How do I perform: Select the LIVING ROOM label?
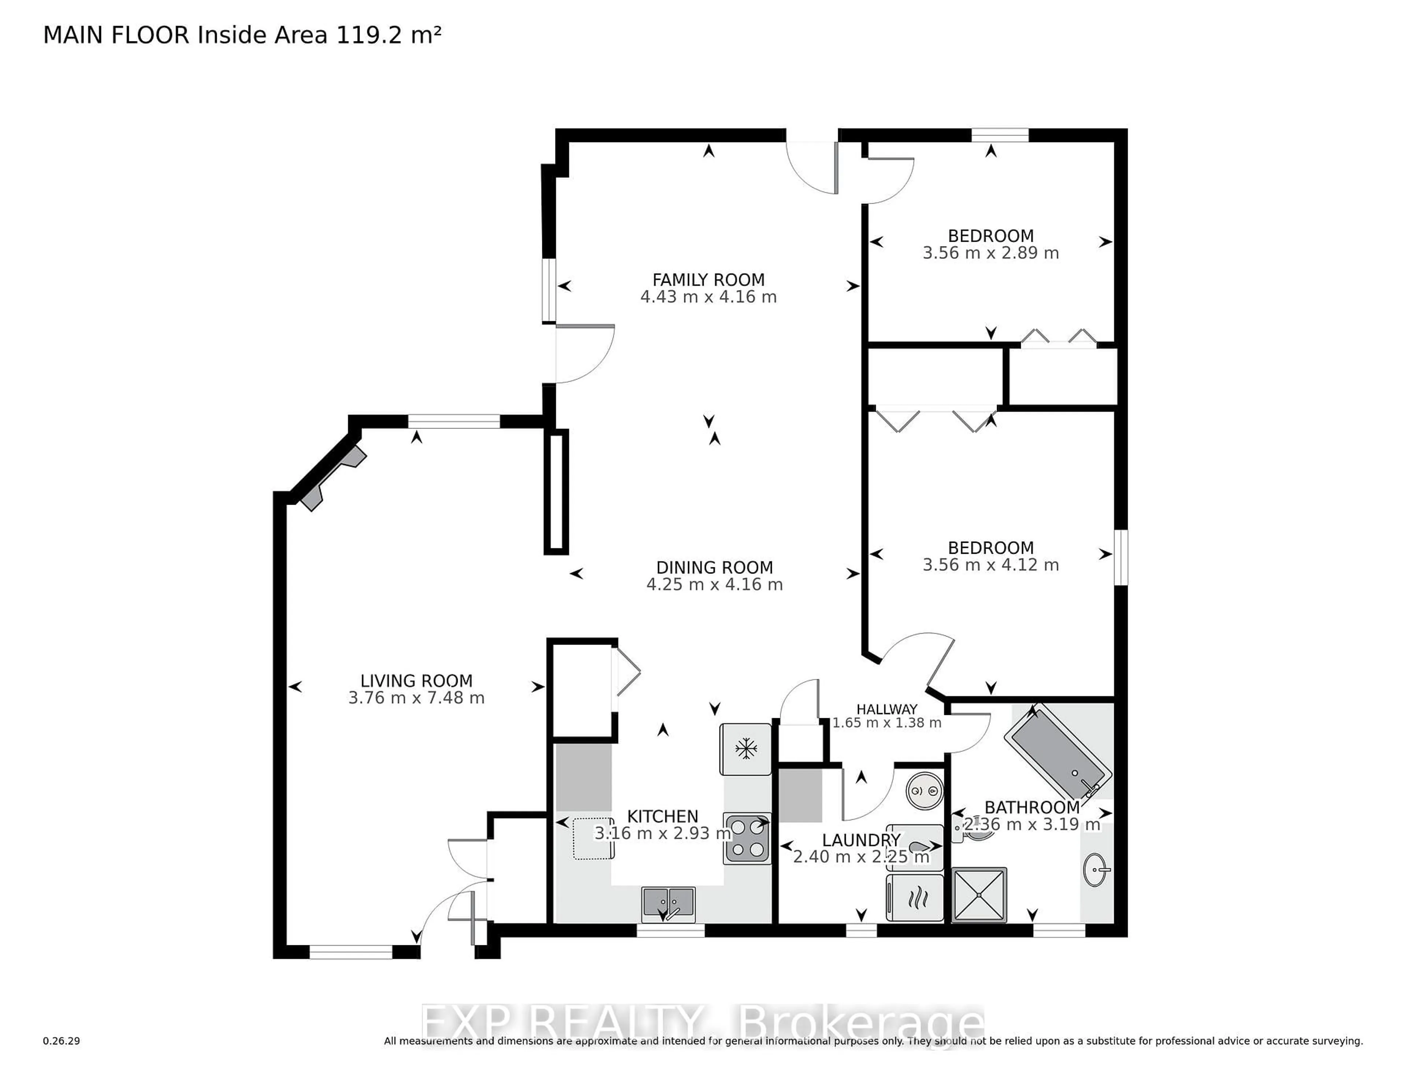pos(416,681)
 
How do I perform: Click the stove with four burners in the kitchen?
pos(747,838)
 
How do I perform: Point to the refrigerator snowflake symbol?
pos(745,749)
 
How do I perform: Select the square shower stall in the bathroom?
pos(979,894)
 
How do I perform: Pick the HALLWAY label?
pos(886,709)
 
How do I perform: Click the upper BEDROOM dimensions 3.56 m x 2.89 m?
pos(990,253)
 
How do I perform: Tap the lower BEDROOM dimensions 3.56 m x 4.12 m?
pos(990,565)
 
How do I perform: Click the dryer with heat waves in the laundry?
pos(915,897)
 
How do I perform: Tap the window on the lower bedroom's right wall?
pos(1121,557)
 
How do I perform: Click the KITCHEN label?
pos(662,817)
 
